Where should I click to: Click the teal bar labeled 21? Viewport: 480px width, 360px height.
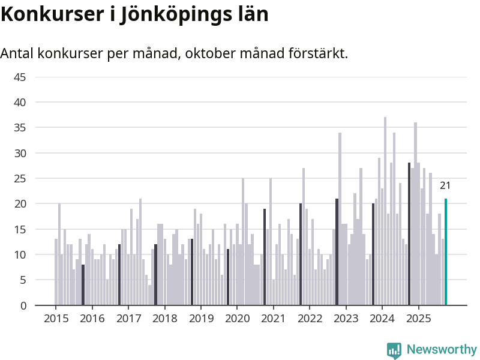point(446,252)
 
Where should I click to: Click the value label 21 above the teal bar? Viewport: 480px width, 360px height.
point(445,185)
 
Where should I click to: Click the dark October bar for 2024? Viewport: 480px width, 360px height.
point(409,234)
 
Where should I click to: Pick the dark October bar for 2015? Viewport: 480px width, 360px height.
point(83,285)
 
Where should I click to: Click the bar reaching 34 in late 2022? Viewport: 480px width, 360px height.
point(340,219)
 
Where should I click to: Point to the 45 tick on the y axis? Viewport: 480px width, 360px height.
point(20,77)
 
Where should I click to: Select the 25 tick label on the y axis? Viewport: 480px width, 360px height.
point(20,179)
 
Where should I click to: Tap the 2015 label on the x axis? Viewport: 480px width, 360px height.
point(56,318)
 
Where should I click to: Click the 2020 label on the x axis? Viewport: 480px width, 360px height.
point(237,318)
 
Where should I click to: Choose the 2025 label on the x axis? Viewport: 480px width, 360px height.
point(418,318)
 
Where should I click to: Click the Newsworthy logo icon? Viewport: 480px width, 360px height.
point(394,350)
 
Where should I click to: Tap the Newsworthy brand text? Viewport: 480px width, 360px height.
point(442,350)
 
